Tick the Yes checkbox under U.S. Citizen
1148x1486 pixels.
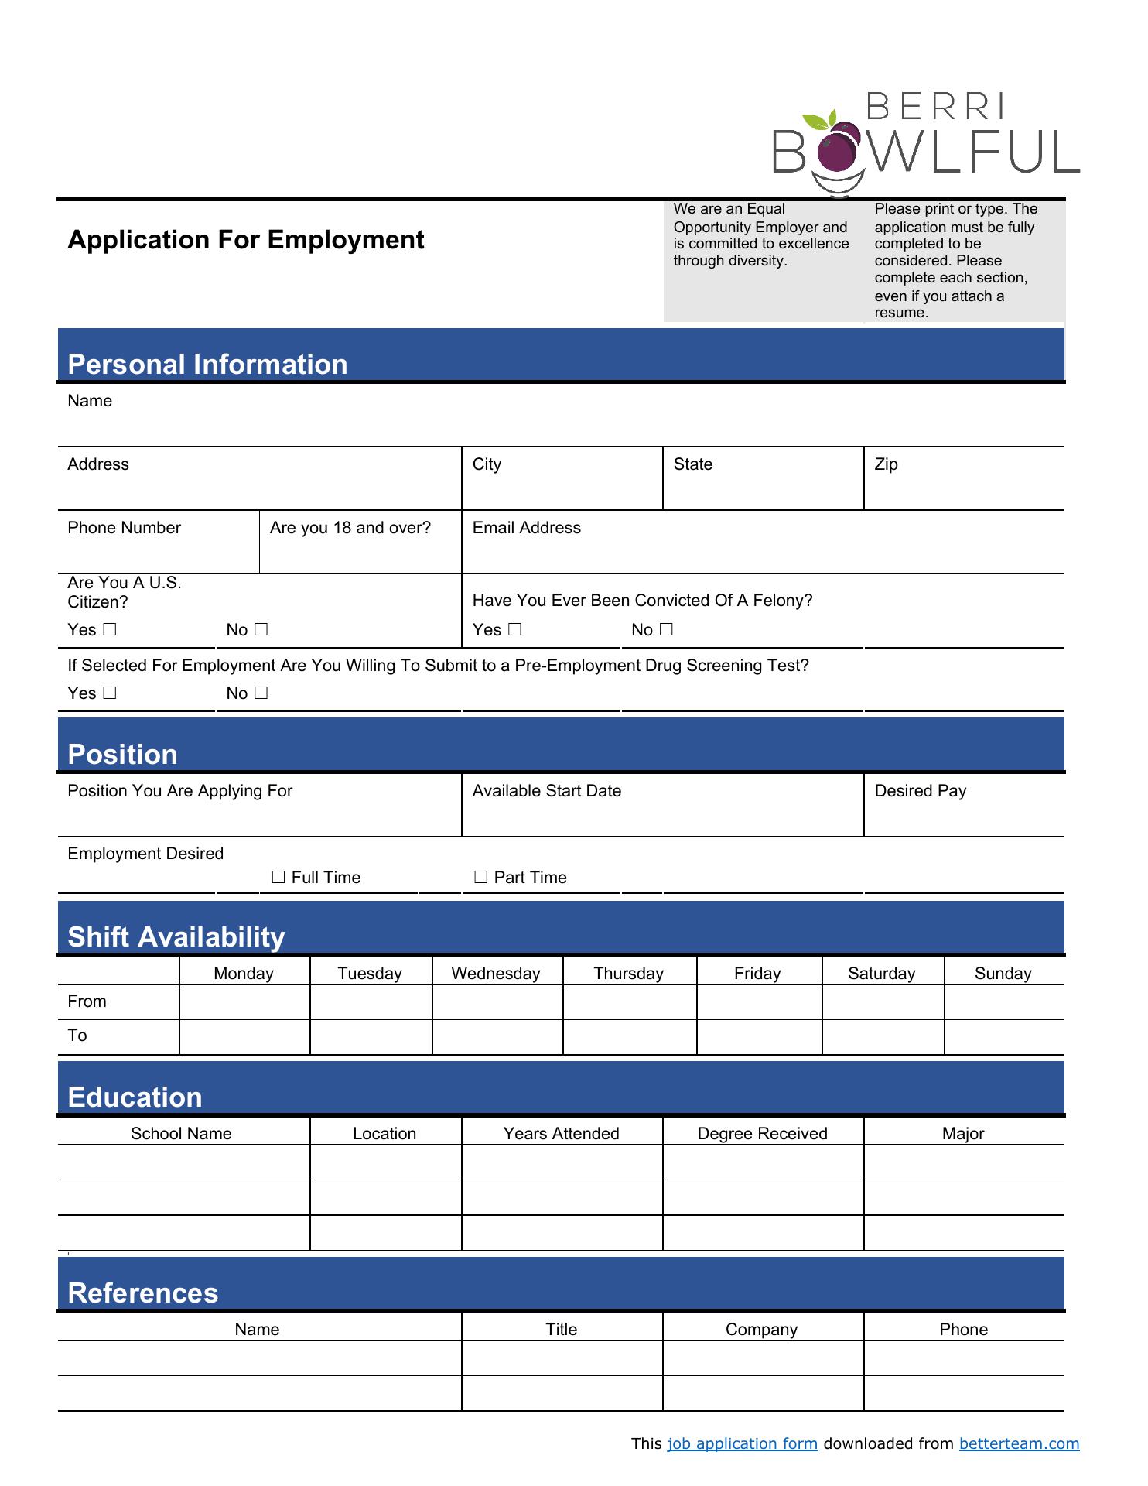(x=109, y=629)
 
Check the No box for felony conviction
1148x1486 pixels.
(x=666, y=629)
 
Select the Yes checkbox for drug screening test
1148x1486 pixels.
(x=109, y=693)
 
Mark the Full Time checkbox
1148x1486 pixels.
(x=278, y=877)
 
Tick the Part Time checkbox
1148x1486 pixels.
(x=480, y=877)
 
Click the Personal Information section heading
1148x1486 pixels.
(x=207, y=365)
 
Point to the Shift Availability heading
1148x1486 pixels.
(x=176, y=936)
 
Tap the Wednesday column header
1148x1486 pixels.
(x=496, y=973)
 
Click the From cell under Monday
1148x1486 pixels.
(x=244, y=1002)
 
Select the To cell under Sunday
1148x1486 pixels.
(x=1003, y=1036)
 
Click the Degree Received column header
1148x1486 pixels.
(x=762, y=1133)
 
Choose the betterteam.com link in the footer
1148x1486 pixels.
(x=1019, y=1443)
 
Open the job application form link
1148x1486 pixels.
(x=742, y=1443)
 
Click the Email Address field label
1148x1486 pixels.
(x=526, y=528)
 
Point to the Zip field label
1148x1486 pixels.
(x=886, y=464)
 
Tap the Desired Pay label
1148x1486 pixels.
(x=920, y=791)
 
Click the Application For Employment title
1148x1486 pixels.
(x=246, y=240)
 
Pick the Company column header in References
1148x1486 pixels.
(x=761, y=1329)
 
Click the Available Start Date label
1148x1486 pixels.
(x=546, y=791)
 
